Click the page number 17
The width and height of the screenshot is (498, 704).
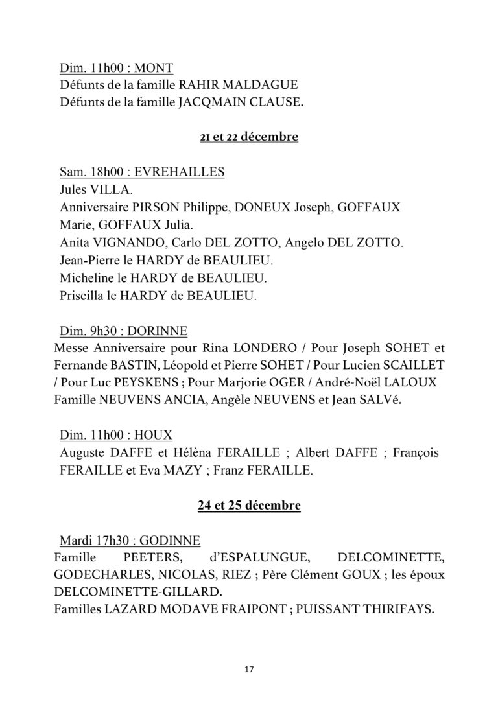tap(249, 670)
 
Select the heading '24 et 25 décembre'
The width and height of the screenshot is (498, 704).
tap(249, 506)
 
